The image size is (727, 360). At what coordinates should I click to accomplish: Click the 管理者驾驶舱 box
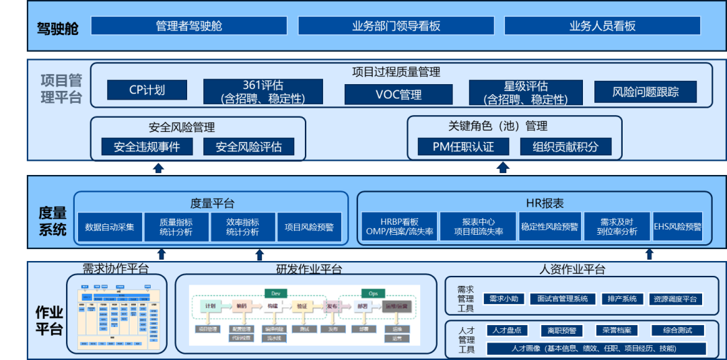click(188, 26)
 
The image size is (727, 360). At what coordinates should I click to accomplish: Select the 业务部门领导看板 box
click(396, 26)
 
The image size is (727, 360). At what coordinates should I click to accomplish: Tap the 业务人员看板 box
click(602, 26)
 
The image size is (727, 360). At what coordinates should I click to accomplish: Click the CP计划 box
click(147, 90)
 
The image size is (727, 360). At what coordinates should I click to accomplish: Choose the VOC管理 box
click(399, 94)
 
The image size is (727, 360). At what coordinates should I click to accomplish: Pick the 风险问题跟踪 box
click(645, 92)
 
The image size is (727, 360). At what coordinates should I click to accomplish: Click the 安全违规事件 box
click(147, 147)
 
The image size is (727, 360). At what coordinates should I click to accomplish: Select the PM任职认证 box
click(464, 147)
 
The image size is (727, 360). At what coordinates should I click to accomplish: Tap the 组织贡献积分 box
click(565, 147)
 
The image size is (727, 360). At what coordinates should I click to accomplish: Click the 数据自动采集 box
click(109, 227)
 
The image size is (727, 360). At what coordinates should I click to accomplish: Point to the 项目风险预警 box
click(309, 227)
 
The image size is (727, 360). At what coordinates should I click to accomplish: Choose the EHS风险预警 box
click(677, 227)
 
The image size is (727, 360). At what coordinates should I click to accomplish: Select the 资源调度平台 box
click(675, 299)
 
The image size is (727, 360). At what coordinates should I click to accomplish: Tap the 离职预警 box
click(561, 330)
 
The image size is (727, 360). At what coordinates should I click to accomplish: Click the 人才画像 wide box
click(596, 349)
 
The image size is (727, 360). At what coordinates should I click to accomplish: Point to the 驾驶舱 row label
click(58, 29)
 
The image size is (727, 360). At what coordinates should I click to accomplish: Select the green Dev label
click(275, 293)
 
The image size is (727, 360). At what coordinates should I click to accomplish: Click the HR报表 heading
click(545, 203)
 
